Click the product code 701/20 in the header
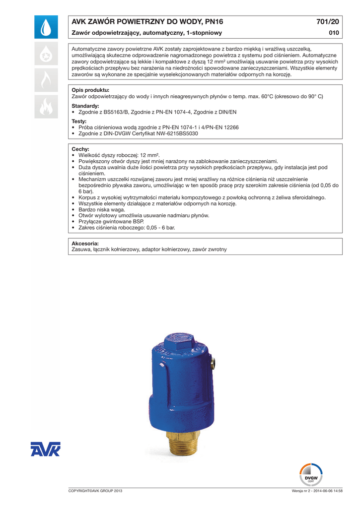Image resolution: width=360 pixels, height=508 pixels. coord(327,21)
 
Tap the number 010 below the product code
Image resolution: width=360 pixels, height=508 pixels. coord(334,33)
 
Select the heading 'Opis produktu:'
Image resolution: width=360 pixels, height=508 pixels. coord(90,90)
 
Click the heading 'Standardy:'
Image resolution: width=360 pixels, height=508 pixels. coord(85,106)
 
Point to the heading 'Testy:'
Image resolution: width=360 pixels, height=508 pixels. coord(79,121)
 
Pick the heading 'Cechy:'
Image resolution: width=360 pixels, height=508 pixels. coord(80,149)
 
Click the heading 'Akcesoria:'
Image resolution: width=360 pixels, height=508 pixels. coord(85,244)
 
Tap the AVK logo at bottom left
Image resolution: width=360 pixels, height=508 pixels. coord(45,449)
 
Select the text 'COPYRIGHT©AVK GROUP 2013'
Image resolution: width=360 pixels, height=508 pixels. coord(95,491)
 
